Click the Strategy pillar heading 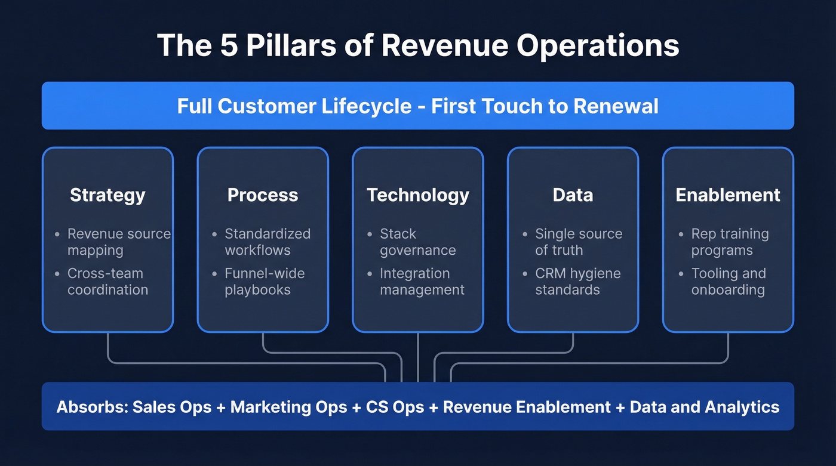coord(107,195)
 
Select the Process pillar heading coord(263,195)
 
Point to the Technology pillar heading coord(418,195)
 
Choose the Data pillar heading coord(573,195)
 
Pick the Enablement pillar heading coord(728,195)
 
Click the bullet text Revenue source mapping coord(118,242)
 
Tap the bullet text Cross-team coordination coord(107,282)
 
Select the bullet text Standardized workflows coord(267,242)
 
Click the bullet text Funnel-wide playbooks coord(264,282)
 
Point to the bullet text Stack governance coord(417,242)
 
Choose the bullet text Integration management coord(422,282)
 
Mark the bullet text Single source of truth coord(578,242)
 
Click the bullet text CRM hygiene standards coord(577,282)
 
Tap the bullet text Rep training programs coord(730,242)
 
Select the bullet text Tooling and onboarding coord(728,282)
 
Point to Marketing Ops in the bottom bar coord(288,408)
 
